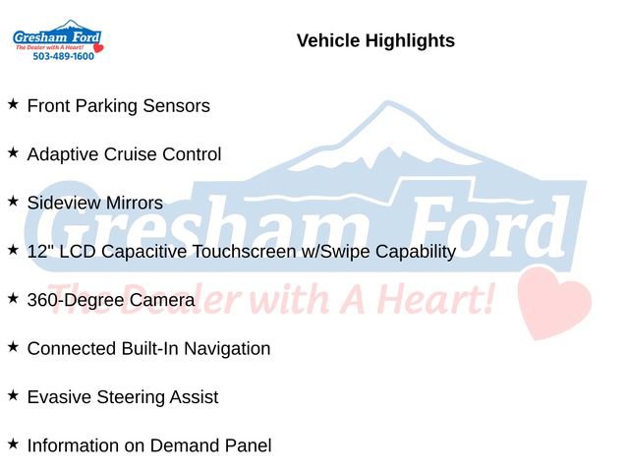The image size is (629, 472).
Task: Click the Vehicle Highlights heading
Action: [375, 40]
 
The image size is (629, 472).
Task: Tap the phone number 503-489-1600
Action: [64, 57]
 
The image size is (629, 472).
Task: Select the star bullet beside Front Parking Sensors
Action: [13, 104]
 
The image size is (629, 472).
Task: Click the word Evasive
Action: [58, 396]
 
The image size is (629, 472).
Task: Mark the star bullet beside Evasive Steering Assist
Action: [13, 395]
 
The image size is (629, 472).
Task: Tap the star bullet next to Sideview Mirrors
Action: [13, 202]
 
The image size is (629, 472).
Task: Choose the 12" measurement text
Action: [38, 251]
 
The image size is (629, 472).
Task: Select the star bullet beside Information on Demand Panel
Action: [13, 444]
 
